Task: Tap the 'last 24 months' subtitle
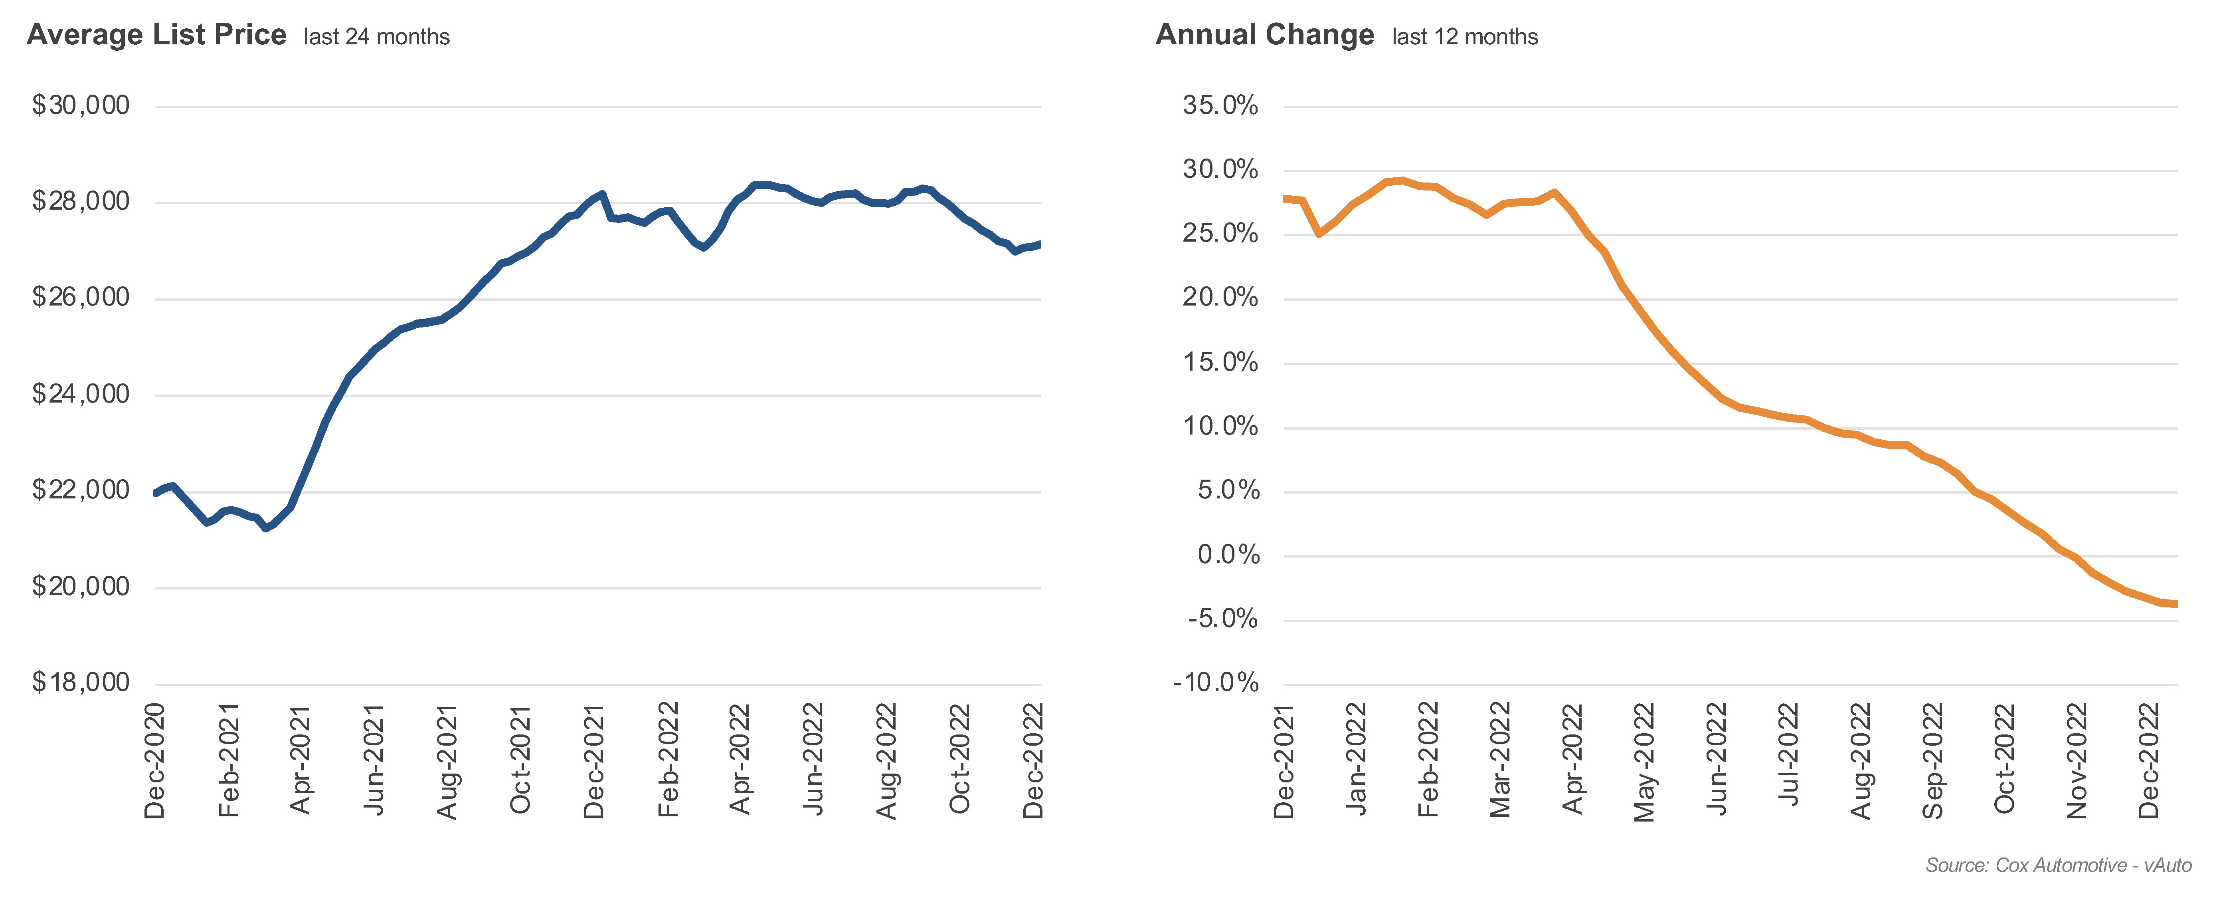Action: point(376,37)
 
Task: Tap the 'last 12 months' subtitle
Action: point(1464,37)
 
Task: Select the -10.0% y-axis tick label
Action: point(1215,683)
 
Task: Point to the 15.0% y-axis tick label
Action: point(1220,362)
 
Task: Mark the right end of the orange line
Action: point(2176,604)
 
